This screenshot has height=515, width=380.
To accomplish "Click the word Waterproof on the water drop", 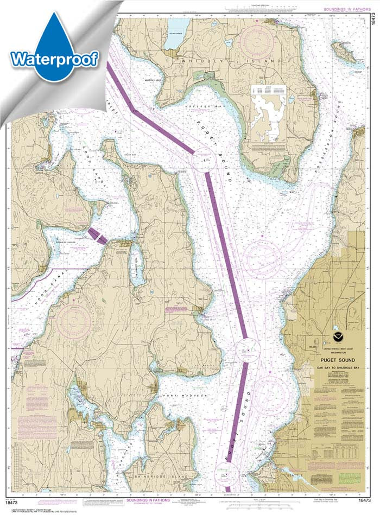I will pyautogui.click(x=54, y=59).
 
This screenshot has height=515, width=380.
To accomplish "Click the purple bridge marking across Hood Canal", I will pyautogui.click(x=98, y=235).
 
